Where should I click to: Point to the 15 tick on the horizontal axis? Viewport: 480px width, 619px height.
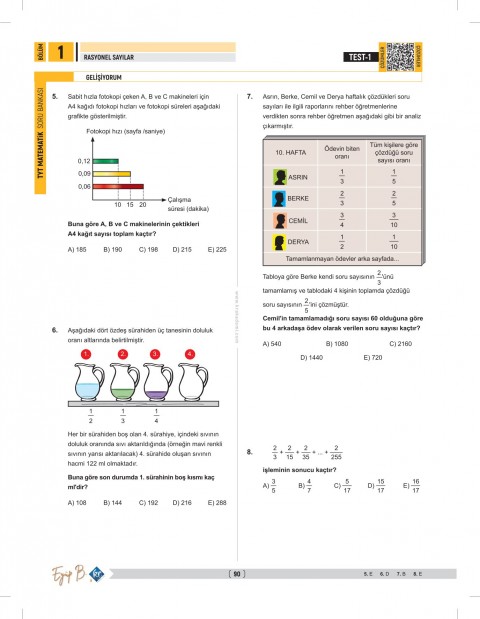click(x=129, y=204)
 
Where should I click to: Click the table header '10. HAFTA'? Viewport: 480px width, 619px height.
click(x=289, y=152)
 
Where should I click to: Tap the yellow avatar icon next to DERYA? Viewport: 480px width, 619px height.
click(x=279, y=242)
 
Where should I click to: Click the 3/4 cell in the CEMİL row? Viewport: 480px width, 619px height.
click(x=342, y=220)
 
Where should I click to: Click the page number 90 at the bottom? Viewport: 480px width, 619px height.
click(x=237, y=574)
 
